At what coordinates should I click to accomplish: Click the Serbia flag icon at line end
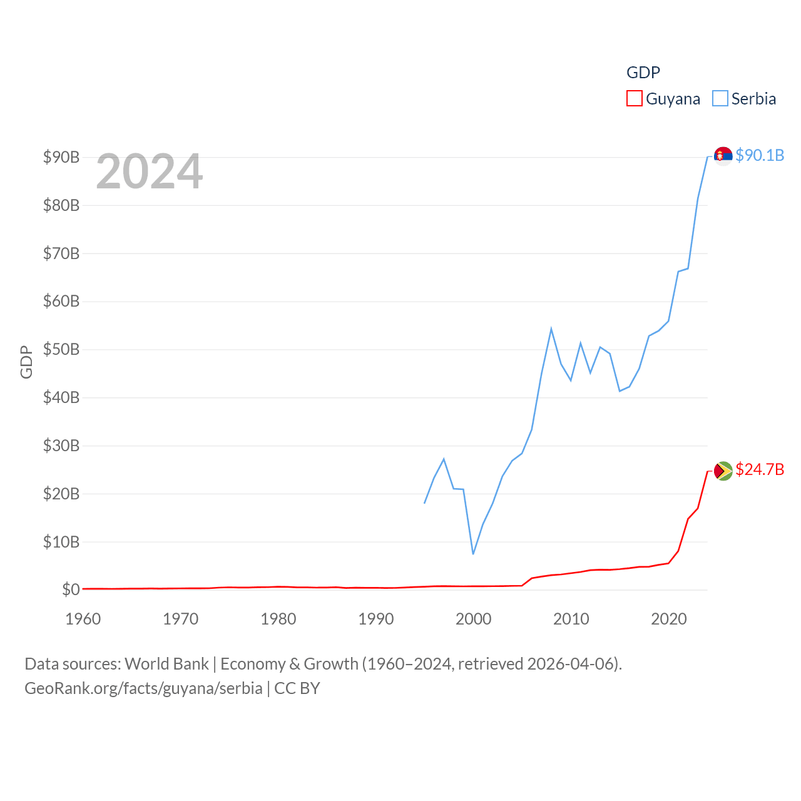(x=723, y=155)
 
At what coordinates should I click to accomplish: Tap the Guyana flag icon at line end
(x=723, y=471)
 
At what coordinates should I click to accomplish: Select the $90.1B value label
(x=760, y=155)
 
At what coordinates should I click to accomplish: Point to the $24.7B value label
(x=760, y=469)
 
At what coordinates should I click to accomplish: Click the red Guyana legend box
(x=634, y=99)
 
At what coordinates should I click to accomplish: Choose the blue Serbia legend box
(x=720, y=99)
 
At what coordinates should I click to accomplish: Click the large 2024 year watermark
(x=149, y=171)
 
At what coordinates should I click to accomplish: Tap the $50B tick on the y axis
(x=61, y=349)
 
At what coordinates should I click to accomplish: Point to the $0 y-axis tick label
(x=71, y=589)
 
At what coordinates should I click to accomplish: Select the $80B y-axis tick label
(x=61, y=205)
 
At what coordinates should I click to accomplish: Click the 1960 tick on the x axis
(x=83, y=619)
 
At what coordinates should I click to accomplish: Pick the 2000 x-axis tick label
(x=473, y=619)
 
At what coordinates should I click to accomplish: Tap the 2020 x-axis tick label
(x=669, y=619)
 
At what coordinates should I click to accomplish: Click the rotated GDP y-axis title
(x=26, y=362)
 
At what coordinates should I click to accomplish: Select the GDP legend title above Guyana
(x=643, y=73)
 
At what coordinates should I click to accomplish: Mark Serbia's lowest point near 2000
(x=473, y=554)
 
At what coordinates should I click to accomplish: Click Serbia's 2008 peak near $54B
(x=551, y=329)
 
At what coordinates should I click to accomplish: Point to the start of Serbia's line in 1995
(x=424, y=503)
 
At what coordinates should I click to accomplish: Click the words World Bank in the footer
(x=166, y=663)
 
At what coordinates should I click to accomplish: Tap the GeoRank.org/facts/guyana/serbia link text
(x=143, y=688)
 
